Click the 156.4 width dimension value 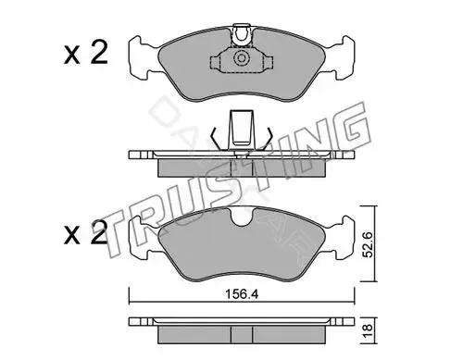(x=242, y=294)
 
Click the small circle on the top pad (x=241, y=58)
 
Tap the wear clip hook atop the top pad (x=242, y=35)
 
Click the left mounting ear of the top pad (x=143, y=58)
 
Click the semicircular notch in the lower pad (x=242, y=217)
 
